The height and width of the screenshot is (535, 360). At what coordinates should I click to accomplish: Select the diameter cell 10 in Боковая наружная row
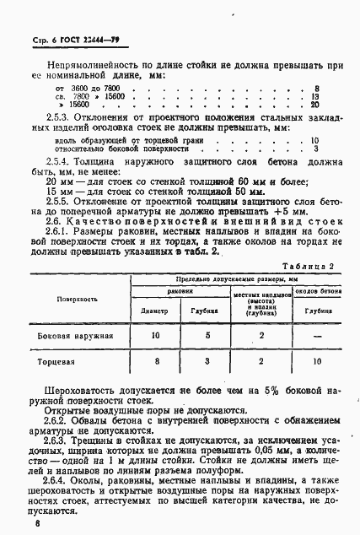pos(155,336)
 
